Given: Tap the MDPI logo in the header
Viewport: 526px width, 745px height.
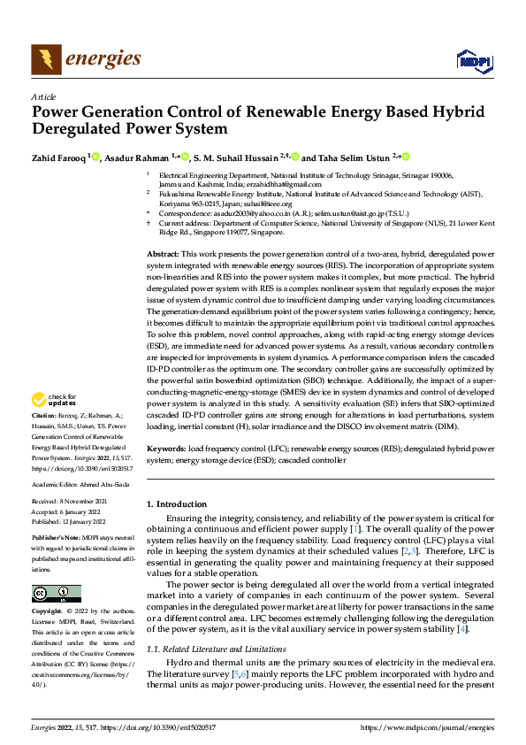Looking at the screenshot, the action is pos(472,60).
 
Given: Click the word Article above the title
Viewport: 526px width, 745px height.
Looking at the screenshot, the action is pos(44,96).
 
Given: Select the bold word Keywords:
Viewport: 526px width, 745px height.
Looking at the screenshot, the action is pos(165,449).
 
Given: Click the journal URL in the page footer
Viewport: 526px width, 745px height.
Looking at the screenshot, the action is pos(425,726).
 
